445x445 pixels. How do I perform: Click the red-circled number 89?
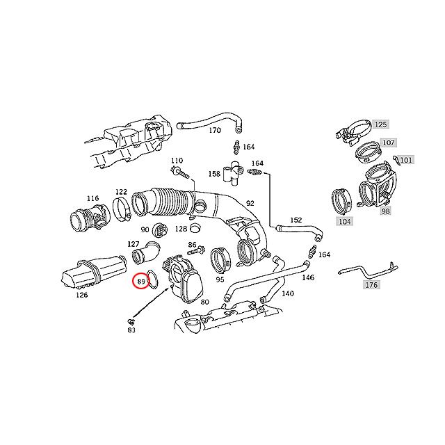(141, 282)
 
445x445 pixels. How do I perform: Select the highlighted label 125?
(380, 125)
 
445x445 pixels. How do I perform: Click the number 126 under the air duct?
(81, 295)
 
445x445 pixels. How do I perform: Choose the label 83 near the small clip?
(131, 330)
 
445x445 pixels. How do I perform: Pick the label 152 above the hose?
(296, 220)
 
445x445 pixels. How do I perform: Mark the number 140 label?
(287, 293)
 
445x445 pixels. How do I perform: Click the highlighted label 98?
(385, 210)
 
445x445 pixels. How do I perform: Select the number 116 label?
(92, 198)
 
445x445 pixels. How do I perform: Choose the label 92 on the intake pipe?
(250, 204)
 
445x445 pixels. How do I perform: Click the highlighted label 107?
(388, 143)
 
